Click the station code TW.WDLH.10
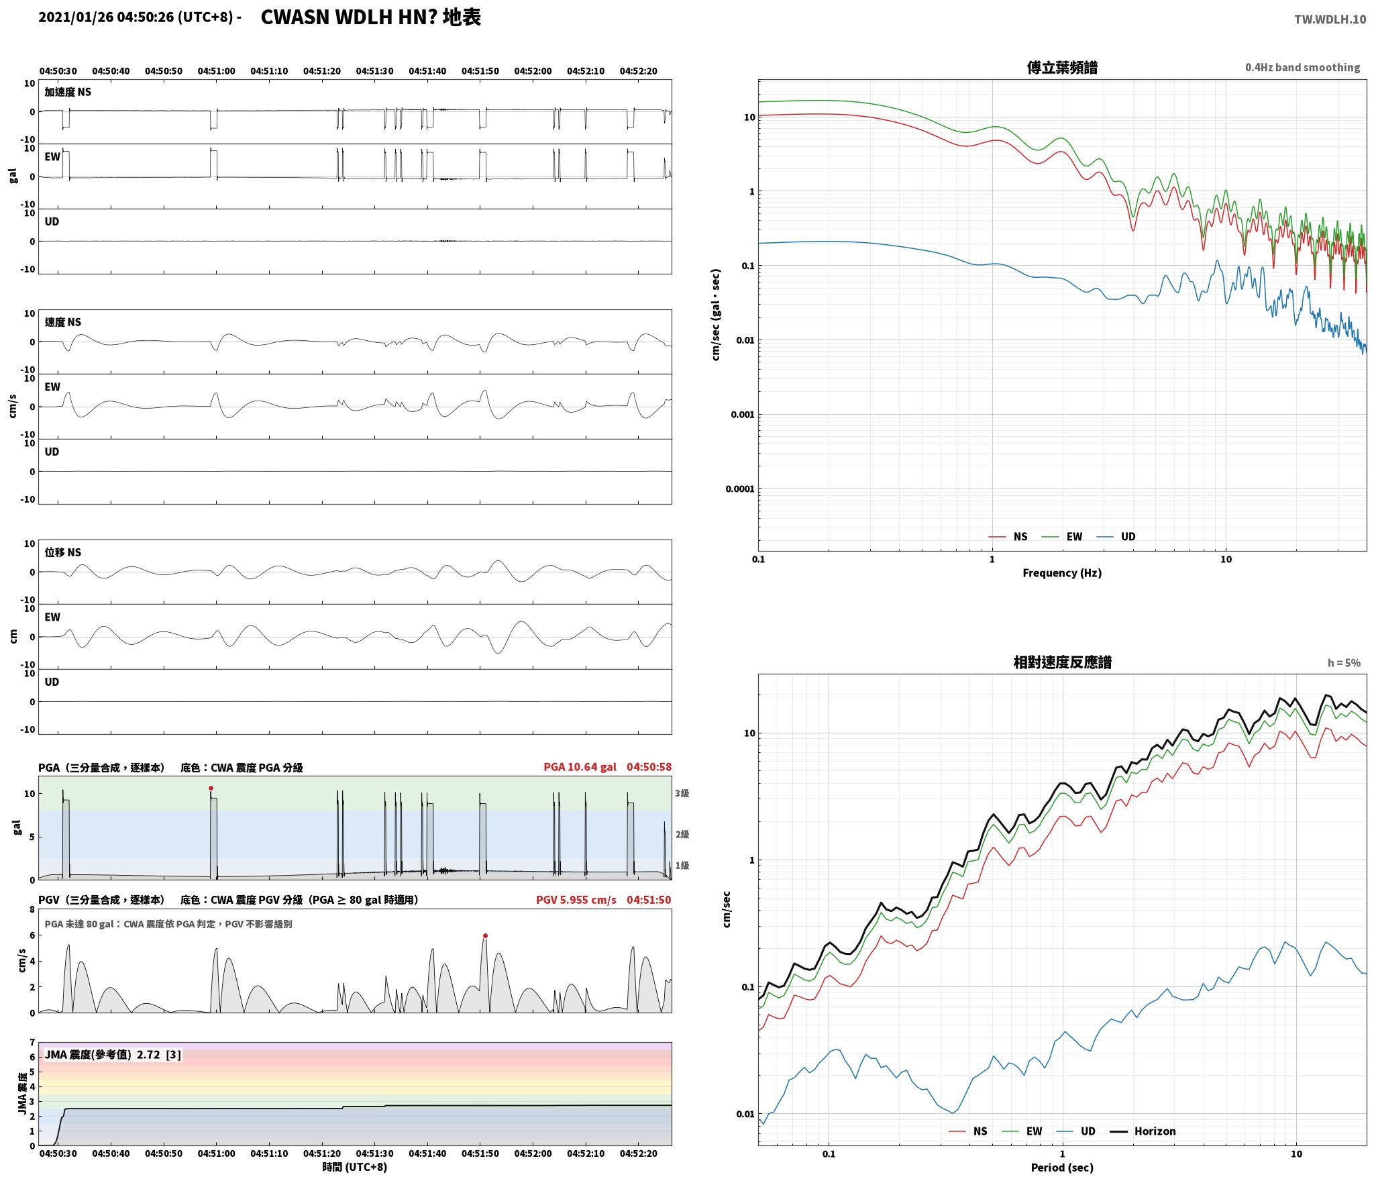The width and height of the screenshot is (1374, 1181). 1330,19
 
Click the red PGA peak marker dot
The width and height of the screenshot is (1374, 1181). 211,788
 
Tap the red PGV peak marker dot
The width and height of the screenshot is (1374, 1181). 485,935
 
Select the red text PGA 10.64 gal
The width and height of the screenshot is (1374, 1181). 580,767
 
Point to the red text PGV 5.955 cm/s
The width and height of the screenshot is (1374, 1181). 576,900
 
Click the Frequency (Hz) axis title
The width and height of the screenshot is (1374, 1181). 1062,572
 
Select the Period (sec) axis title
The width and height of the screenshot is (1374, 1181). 1062,1168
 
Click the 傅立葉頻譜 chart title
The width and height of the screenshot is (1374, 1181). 1062,68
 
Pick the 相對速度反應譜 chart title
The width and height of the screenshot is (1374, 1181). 1062,662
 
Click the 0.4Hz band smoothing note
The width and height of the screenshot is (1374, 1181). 1303,68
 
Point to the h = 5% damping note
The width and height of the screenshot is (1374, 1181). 1344,663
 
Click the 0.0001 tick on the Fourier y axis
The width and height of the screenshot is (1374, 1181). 740,489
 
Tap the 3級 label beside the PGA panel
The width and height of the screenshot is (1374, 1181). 682,793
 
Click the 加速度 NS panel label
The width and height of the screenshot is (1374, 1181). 68,92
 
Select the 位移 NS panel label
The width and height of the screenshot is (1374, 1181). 63,552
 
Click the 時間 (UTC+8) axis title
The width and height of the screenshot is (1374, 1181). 355,1167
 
